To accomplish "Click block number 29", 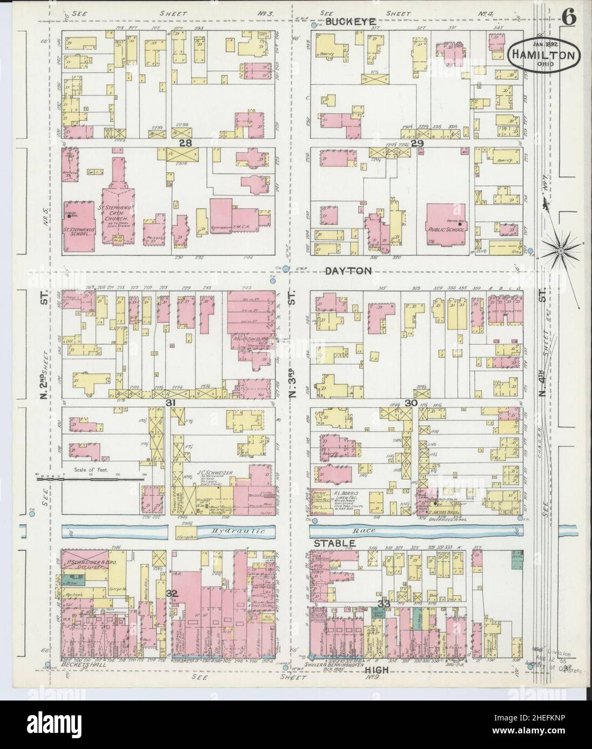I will tap(417, 143).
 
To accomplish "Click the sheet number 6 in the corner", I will tap(569, 17).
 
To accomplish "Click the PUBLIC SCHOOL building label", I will tap(446, 230).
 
